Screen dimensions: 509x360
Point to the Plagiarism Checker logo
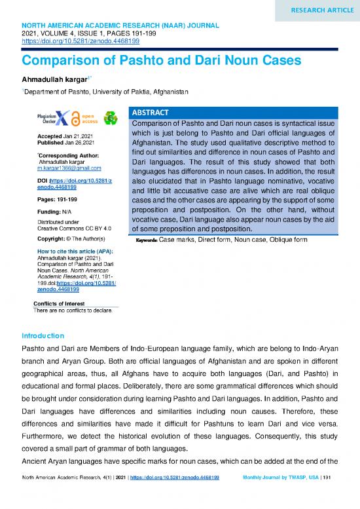click(52, 117)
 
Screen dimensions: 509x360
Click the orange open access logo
click(84, 117)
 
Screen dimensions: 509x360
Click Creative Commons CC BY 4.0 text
click(69, 229)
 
